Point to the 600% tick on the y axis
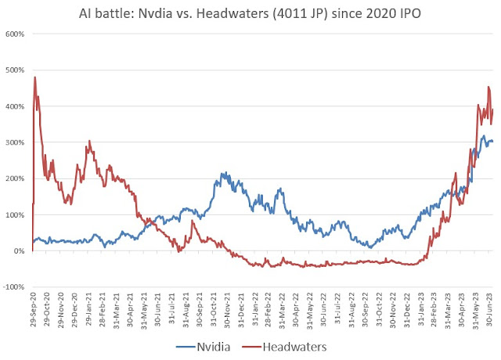15,34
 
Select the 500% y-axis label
15,70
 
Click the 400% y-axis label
15,106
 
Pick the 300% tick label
15,142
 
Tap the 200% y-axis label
15,178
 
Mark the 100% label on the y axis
15,214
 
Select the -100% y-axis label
13,287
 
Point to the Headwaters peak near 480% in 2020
35,77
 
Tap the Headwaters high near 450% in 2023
488,87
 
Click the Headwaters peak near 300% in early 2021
89,142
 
